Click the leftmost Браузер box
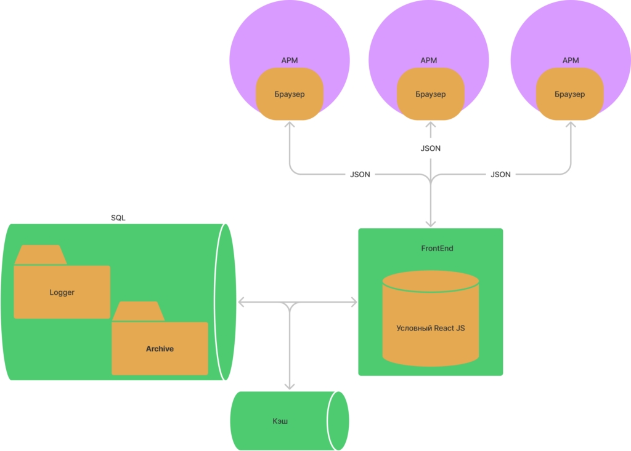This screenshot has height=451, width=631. coord(290,94)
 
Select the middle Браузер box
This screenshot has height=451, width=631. coord(430,94)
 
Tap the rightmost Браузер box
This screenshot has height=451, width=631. coord(569,94)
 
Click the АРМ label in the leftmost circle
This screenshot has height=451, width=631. coord(290,60)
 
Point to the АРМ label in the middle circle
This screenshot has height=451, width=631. coord(429,60)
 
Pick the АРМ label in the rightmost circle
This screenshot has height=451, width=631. coord(571,60)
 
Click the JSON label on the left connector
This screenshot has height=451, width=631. coord(360,175)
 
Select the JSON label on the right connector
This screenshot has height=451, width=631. coord(500,175)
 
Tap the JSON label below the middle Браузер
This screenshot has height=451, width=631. coord(431,148)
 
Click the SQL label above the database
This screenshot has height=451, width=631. coord(118,218)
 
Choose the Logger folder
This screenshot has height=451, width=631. coord(62,282)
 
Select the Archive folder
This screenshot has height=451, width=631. coord(160,338)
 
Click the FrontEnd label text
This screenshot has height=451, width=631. coord(437,249)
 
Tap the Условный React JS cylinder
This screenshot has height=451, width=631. coord(431,318)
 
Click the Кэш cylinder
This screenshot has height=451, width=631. coord(290,421)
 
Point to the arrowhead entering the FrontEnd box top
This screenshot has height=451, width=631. coord(431,223)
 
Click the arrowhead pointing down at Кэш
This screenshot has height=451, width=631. coord(290,386)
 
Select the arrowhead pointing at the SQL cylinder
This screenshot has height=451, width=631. coord(242,302)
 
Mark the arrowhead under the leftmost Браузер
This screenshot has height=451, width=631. coord(290,125)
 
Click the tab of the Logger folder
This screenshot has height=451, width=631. coord(41,255)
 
